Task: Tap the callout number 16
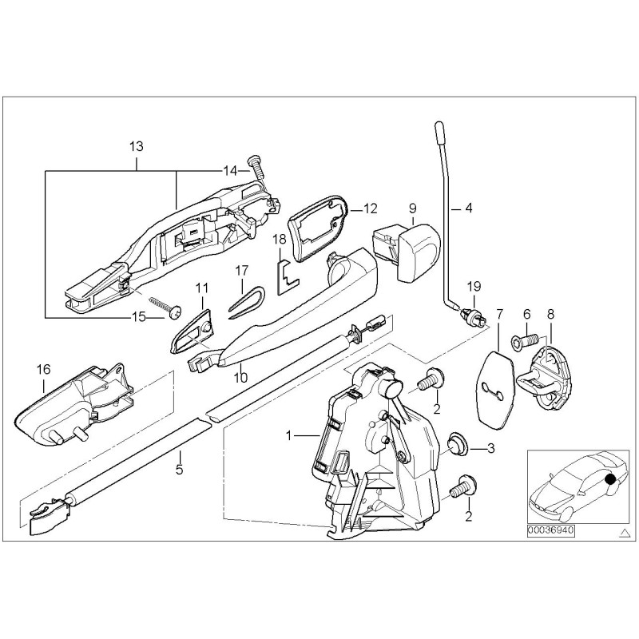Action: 43,368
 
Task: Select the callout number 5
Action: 179,470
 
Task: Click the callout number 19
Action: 474,286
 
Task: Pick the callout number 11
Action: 201,287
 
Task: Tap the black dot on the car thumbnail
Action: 611,479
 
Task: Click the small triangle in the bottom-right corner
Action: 624,530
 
